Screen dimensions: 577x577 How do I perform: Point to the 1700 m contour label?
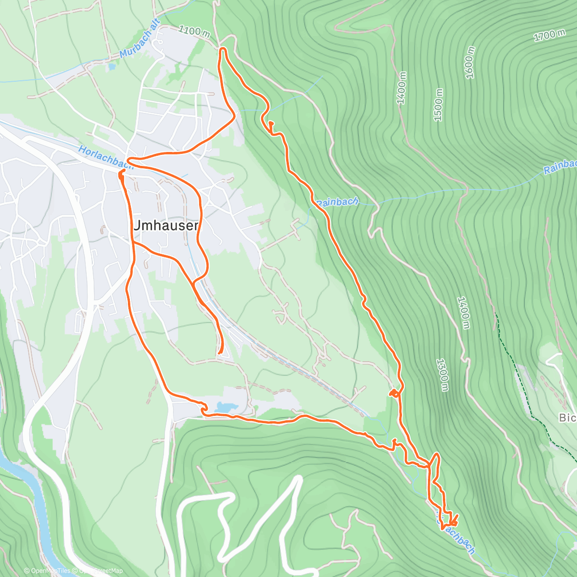pyautogui.click(x=549, y=35)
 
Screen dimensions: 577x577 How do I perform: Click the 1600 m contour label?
pyautogui.click(x=470, y=63)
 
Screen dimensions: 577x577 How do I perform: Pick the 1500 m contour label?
pyautogui.click(x=438, y=105)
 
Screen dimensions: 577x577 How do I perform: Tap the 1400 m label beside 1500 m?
pyautogui.click(x=401, y=88)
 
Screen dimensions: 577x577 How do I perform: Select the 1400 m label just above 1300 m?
pyautogui.click(x=463, y=313)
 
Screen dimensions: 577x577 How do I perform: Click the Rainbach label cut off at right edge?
pyautogui.click(x=560, y=167)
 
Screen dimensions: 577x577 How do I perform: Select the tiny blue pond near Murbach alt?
pyautogui.click(x=112, y=67)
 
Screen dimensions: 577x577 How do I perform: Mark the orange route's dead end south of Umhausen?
pyautogui.click(x=219, y=353)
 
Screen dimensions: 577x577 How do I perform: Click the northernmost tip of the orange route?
pyautogui.click(x=223, y=49)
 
